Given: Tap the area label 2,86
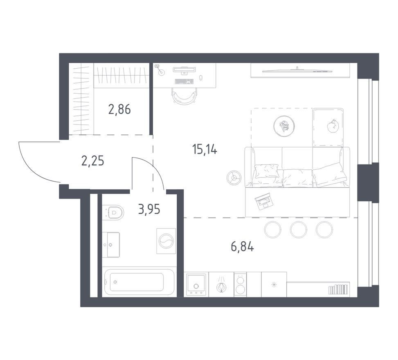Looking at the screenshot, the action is pyautogui.click(x=119, y=109).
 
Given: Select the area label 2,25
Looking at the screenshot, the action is pyautogui.click(x=92, y=161).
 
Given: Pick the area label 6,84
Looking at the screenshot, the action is pyautogui.click(x=243, y=246).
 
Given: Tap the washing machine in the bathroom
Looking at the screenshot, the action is pyautogui.click(x=166, y=241).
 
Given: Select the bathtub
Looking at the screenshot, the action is pyautogui.click(x=139, y=282).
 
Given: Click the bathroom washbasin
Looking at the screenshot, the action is pyautogui.click(x=111, y=245).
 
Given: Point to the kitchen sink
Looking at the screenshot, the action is pyautogui.click(x=196, y=284).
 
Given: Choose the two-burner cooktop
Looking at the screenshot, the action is pyautogui.click(x=240, y=284).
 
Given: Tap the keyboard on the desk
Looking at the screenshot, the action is pyautogui.click(x=184, y=81).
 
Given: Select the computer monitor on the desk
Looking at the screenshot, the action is pyautogui.click(x=184, y=70).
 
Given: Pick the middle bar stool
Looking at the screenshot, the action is pyautogui.click(x=298, y=229).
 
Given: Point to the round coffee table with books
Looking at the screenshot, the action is pyautogui.click(x=284, y=126).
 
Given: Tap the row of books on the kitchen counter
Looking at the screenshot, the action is pyautogui.click(x=338, y=289).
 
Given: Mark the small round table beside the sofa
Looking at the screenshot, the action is pyautogui.click(x=234, y=177).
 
